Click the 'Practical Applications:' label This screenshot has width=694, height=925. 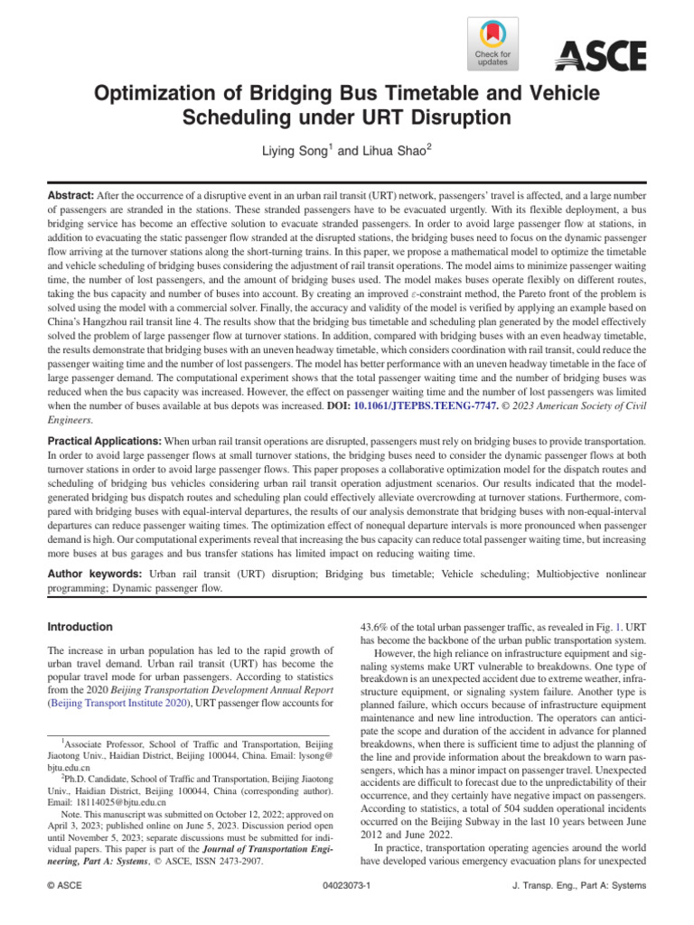pos(103,440)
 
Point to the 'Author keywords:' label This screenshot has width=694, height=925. pos(96,575)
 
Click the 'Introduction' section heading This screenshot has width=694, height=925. pos(80,627)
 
